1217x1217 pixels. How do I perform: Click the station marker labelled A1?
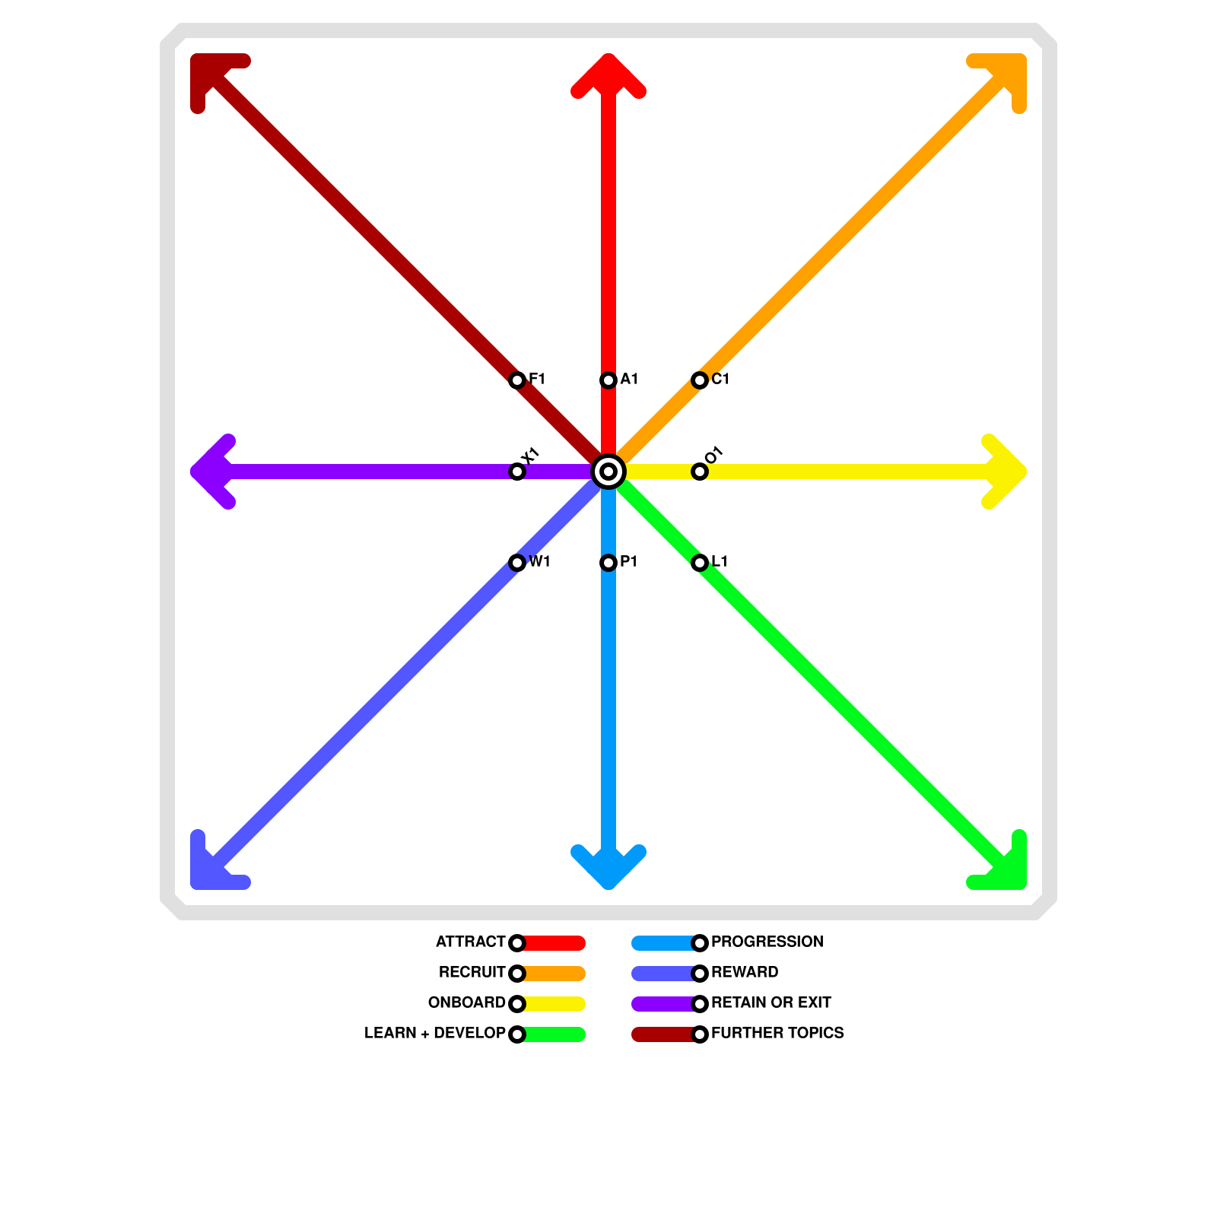[x=608, y=380]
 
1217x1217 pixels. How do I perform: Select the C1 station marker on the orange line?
[x=700, y=380]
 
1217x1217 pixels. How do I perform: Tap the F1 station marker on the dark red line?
[x=517, y=380]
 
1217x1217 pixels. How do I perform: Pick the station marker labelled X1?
[x=517, y=472]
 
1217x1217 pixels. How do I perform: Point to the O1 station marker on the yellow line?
[x=700, y=472]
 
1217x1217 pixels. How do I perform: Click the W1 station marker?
[x=517, y=563]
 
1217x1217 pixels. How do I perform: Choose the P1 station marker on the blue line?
[x=608, y=563]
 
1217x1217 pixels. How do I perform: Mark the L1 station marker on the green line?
[x=700, y=563]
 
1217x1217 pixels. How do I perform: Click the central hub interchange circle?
[x=608, y=472]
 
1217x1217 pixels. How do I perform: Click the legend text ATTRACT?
[x=470, y=942]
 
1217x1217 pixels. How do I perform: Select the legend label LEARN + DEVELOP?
[x=434, y=1034]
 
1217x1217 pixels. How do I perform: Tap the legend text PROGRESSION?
[x=767, y=942]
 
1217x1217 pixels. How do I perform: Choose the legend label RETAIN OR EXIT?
[x=771, y=1003]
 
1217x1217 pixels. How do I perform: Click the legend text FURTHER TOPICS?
[x=777, y=1034]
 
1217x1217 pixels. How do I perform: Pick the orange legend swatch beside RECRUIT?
[x=554, y=974]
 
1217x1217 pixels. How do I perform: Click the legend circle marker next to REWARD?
[x=700, y=974]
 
